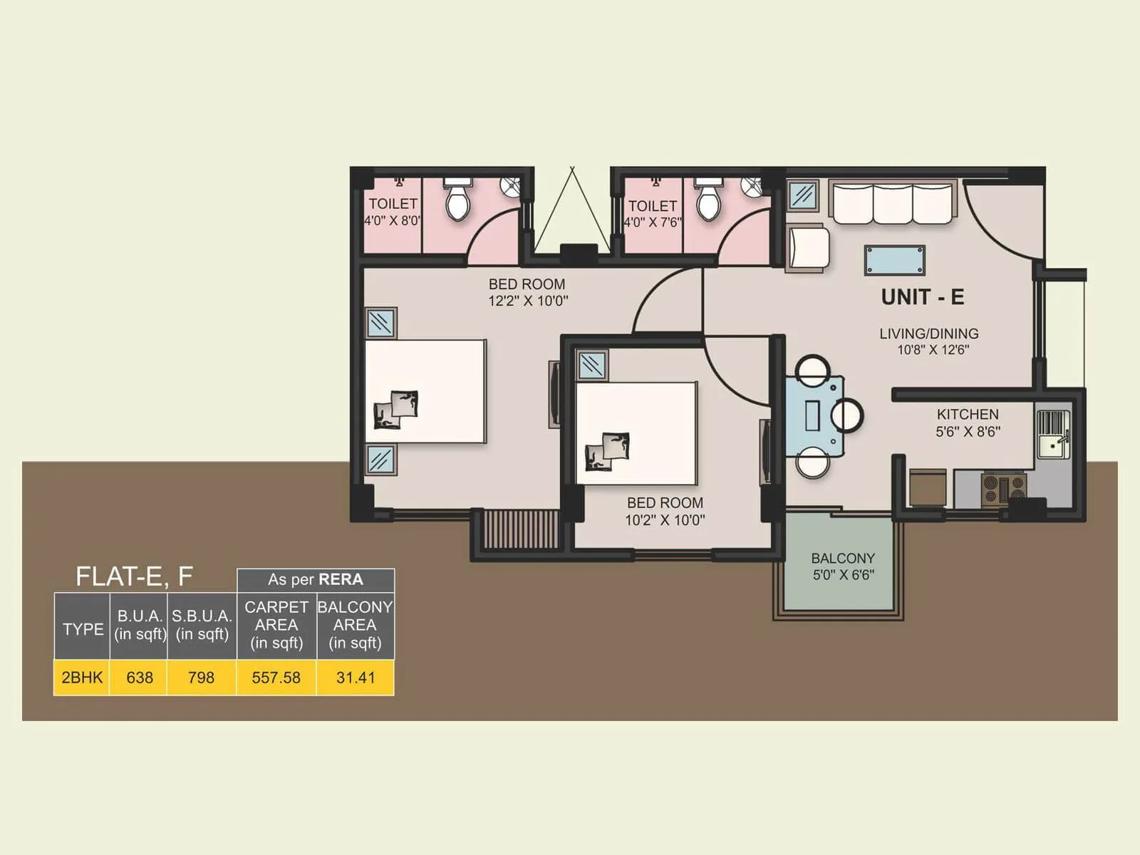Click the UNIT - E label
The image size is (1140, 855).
(x=922, y=296)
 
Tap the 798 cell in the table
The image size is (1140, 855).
(x=201, y=678)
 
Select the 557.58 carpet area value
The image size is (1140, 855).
(x=276, y=678)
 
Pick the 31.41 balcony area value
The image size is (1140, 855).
(x=356, y=678)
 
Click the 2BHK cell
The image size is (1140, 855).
(x=82, y=678)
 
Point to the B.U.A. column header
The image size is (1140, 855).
(x=140, y=625)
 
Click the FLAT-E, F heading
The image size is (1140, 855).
(x=134, y=576)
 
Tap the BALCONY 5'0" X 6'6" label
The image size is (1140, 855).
(x=843, y=566)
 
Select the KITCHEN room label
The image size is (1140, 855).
(x=968, y=415)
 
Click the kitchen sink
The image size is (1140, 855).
(x=1052, y=445)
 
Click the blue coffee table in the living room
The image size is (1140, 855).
(x=895, y=260)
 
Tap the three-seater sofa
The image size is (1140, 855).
(x=893, y=204)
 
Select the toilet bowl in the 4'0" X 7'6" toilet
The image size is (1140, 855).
(x=708, y=203)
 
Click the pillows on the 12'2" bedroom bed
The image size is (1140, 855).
(x=396, y=410)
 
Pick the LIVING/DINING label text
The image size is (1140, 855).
(x=928, y=333)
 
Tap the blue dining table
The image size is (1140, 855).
(x=814, y=416)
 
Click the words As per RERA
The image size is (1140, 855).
(x=315, y=580)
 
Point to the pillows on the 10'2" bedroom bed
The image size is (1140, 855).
(x=608, y=451)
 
